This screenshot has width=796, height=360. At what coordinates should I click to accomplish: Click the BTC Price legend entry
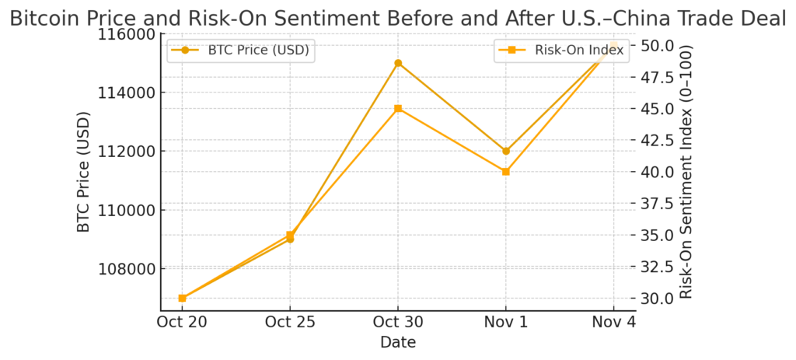coord(241,51)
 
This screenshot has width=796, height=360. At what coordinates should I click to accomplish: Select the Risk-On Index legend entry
coord(559,51)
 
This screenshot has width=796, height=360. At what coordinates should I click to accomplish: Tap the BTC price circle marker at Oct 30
coord(398,63)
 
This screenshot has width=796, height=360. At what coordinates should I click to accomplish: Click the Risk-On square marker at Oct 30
coord(398,109)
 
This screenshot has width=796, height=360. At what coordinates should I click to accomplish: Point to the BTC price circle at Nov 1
coord(506,151)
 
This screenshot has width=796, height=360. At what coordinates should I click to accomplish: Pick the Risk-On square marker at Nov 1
coord(506,171)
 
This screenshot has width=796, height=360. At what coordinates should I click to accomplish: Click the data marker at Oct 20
coord(182,298)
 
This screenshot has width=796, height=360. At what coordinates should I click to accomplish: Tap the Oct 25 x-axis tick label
coord(290,323)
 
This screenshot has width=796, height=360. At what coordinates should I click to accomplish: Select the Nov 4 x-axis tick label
coord(614,323)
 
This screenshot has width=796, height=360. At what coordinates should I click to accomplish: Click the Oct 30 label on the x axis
coord(398,323)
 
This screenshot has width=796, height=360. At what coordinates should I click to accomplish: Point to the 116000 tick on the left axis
coord(126,34)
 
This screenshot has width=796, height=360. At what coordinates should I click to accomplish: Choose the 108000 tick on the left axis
coord(126,269)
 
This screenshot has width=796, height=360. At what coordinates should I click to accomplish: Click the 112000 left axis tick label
coord(126,152)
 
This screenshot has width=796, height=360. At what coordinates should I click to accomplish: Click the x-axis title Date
coord(398,342)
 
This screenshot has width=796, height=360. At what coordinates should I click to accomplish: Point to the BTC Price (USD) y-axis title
coord(84,173)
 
